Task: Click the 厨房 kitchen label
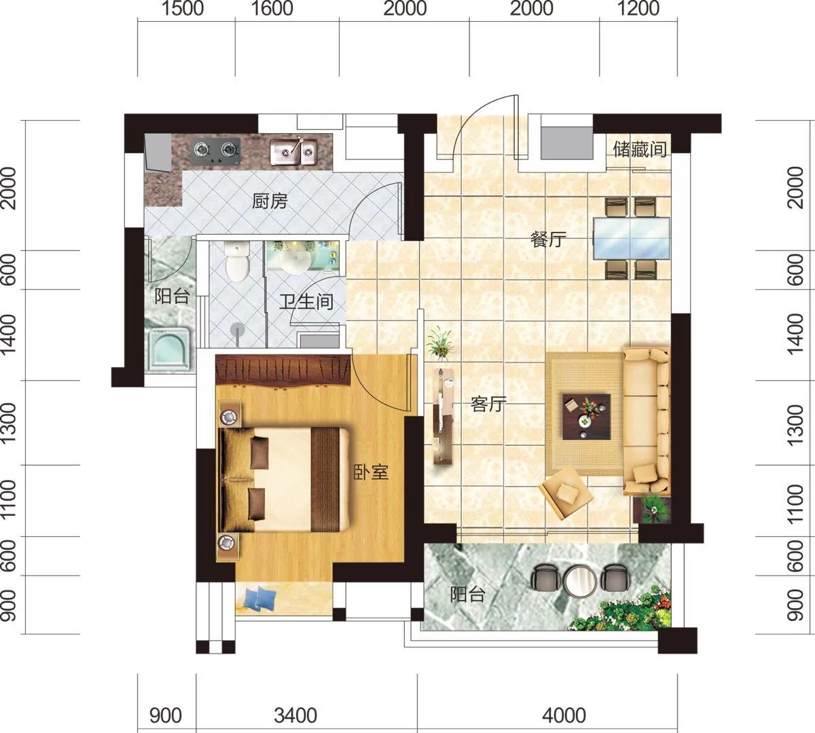pyautogui.click(x=270, y=201)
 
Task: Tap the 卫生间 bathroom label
pyautogui.click(x=306, y=302)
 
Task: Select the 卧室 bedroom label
pyautogui.click(x=371, y=472)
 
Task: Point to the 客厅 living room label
pyautogui.click(x=489, y=404)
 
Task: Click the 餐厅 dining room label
pyautogui.click(x=548, y=240)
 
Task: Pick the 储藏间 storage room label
pyautogui.click(x=640, y=149)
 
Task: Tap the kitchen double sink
pyautogui.click(x=294, y=152)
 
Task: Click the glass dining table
pyautogui.click(x=632, y=238)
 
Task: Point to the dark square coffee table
pyautogui.click(x=587, y=416)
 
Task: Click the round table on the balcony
pyautogui.click(x=580, y=582)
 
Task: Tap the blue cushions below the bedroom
pyautogui.click(x=258, y=598)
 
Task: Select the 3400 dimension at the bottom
pyautogui.click(x=295, y=715)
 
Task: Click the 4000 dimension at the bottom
pyautogui.click(x=564, y=715)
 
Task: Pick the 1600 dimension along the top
pyautogui.click(x=272, y=9)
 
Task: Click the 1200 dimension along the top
pyautogui.click(x=638, y=9)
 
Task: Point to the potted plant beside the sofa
pyautogui.click(x=653, y=510)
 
